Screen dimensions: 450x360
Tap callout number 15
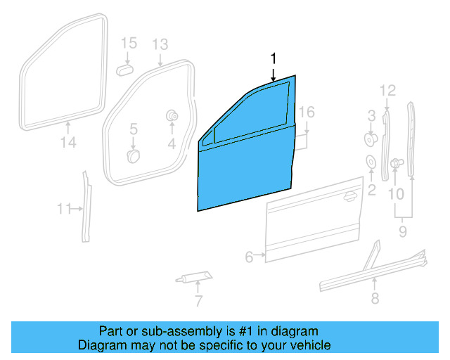tap(128, 44)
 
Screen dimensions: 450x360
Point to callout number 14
tap(67, 143)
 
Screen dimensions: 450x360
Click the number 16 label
tap(306, 112)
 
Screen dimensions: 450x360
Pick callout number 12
tap(388, 90)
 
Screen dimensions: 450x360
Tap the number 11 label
tap(65, 209)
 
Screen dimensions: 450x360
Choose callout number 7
tap(198, 302)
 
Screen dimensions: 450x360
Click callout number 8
tap(374, 299)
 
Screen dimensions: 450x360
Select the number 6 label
tap(249, 257)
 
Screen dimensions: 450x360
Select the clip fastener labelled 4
tap(171, 115)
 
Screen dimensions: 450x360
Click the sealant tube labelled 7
tap(192, 276)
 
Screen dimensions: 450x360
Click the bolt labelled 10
tap(396, 164)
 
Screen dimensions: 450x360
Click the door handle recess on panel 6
tap(347, 197)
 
